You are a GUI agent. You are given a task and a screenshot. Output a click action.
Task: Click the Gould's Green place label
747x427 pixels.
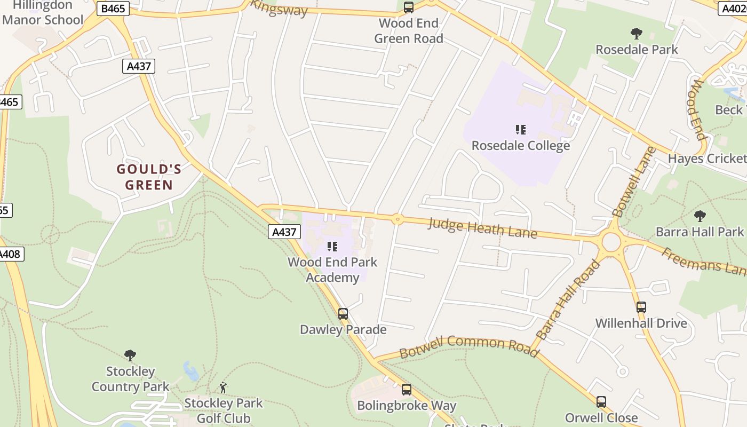149,177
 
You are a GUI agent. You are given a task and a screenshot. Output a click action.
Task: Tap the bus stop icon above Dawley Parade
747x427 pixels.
343,314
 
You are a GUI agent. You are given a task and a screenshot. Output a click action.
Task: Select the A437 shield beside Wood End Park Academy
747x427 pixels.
284,232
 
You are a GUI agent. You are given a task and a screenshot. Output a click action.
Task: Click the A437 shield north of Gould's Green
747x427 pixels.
139,66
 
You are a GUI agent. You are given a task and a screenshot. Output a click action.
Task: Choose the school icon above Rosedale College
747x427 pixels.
521,130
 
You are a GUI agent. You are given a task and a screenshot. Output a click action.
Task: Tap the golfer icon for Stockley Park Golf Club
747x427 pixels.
223,388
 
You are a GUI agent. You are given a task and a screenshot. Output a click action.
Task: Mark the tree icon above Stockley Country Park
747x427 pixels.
130,355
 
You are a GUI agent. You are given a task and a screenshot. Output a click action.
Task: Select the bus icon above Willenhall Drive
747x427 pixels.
641,307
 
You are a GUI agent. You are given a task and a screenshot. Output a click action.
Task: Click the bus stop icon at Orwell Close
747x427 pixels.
601,402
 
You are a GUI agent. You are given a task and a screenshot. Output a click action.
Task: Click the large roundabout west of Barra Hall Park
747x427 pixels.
611,242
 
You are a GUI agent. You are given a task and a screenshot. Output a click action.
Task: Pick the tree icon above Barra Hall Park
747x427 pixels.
700,216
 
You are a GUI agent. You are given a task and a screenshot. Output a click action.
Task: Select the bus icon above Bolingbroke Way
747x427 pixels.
407,390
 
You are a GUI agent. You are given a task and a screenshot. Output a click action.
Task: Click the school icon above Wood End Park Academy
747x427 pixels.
332,247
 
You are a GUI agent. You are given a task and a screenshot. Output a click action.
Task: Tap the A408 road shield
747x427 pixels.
11,254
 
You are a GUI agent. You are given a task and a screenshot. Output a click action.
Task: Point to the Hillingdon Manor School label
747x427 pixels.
43,13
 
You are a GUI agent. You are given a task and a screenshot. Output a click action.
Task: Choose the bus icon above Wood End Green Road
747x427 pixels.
409,7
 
